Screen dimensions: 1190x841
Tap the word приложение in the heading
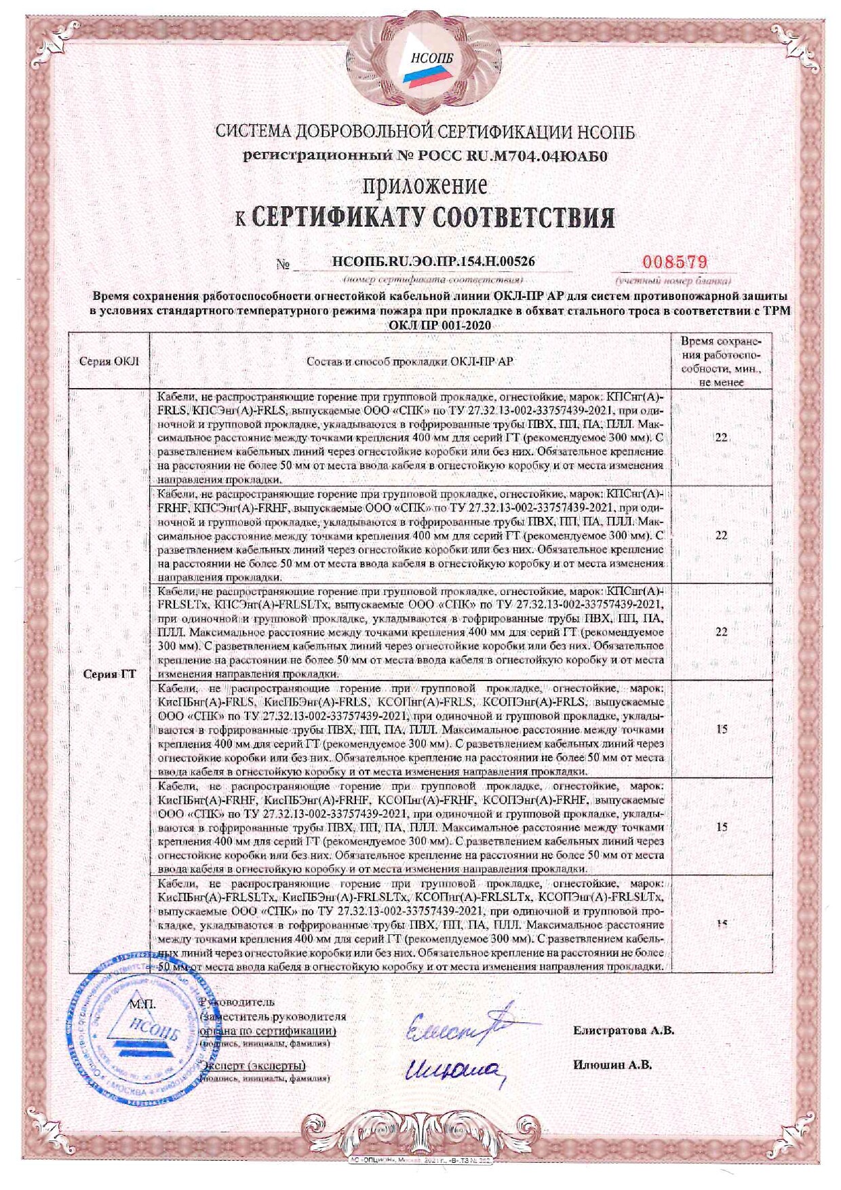(x=426, y=185)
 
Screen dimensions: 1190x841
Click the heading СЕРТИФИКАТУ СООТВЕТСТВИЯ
(x=433, y=218)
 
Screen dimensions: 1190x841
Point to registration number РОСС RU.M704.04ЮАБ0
(x=425, y=155)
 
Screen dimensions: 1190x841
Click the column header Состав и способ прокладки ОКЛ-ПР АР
(x=410, y=361)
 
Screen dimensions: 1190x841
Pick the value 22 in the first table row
(x=721, y=438)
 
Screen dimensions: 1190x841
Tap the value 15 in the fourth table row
(x=721, y=729)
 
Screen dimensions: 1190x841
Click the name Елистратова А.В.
(x=623, y=1031)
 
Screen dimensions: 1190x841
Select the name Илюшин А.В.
(x=612, y=1064)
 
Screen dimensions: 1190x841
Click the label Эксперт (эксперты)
(x=254, y=1065)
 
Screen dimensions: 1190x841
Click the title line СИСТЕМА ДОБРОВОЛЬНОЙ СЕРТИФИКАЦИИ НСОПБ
(x=425, y=132)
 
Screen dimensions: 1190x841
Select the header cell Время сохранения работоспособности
(x=721, y=361)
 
